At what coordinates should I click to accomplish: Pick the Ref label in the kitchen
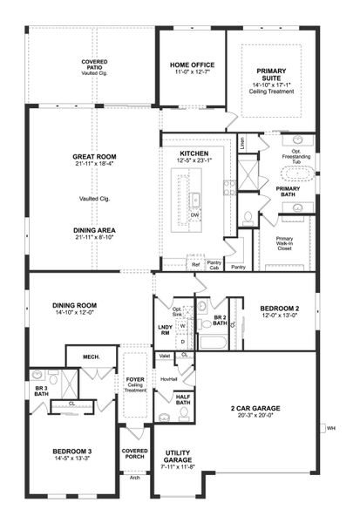(x=195, y=262)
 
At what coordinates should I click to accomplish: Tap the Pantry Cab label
(x=214, y=264)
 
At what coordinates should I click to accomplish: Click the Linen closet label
(x=241, y=139)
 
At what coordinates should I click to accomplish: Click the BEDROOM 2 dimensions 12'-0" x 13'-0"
(x=279, y=316)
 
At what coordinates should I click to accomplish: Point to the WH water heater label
(x=331, y=428)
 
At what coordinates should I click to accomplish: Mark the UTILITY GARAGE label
(x=177, y=456)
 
